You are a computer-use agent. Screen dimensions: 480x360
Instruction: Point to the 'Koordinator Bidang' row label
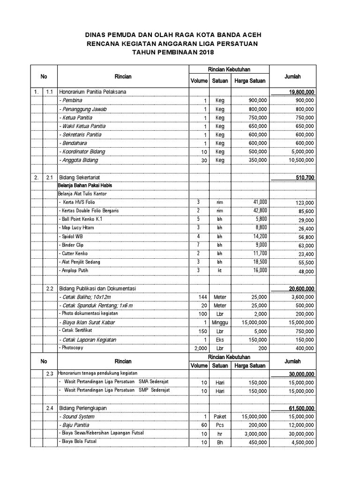pos(82,151)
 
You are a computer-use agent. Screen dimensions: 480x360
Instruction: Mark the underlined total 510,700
pos(304,177)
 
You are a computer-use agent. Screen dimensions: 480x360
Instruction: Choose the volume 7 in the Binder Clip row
pos(199,245)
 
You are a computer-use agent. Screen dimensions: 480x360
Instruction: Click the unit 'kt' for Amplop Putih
pos(219,270)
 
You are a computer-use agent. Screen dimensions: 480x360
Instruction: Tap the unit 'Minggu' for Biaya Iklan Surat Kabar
pos(220,322)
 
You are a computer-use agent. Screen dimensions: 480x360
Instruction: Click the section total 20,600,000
pos(301,288)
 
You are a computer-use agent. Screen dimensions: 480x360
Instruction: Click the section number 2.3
pos(50,373)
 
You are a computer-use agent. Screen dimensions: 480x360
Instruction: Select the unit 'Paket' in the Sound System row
pos(220,416)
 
